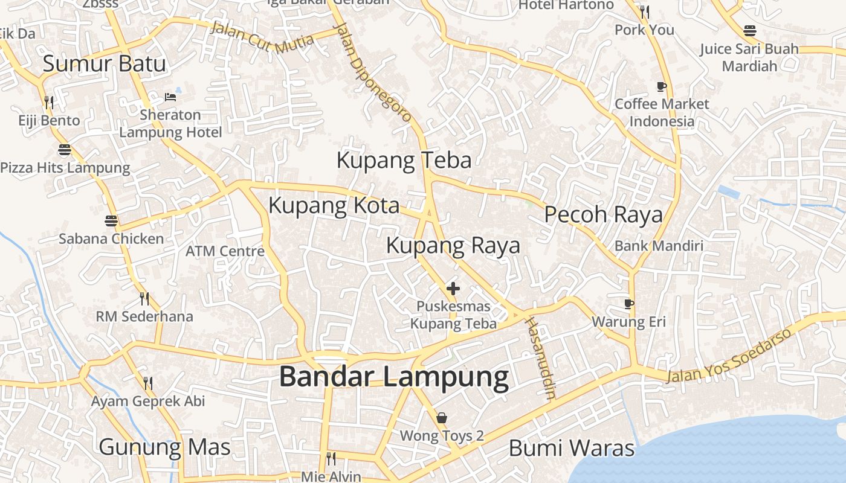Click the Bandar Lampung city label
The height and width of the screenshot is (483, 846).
pos(393,377)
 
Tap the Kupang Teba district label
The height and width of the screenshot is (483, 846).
pos(404,161)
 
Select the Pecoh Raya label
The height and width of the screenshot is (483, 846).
pos(603,214)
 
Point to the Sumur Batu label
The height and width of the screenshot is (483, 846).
pos(104,63)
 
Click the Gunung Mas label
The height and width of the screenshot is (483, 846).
pos(164,447)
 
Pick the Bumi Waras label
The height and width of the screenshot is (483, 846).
pos(571,449)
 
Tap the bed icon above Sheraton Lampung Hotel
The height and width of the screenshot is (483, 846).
pos(170,97)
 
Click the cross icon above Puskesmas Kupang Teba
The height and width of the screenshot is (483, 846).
pos(453,289)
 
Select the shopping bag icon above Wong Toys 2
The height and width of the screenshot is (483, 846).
pos(442,418)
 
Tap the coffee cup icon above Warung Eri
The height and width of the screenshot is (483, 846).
pos(629,304)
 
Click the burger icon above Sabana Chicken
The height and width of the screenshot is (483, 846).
pos(111,221)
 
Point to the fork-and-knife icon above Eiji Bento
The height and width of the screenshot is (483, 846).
pos(49,102)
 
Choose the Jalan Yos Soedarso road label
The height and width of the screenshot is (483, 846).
pos(728,357)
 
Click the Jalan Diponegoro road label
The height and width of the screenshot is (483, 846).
pos(373,72)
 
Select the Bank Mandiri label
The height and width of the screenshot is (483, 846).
pos(659,246)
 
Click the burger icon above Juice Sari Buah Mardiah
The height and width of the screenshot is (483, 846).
pos(750,30)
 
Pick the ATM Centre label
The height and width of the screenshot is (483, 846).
pos(225,251)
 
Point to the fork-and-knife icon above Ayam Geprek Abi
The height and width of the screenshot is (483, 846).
pos(147,383)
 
